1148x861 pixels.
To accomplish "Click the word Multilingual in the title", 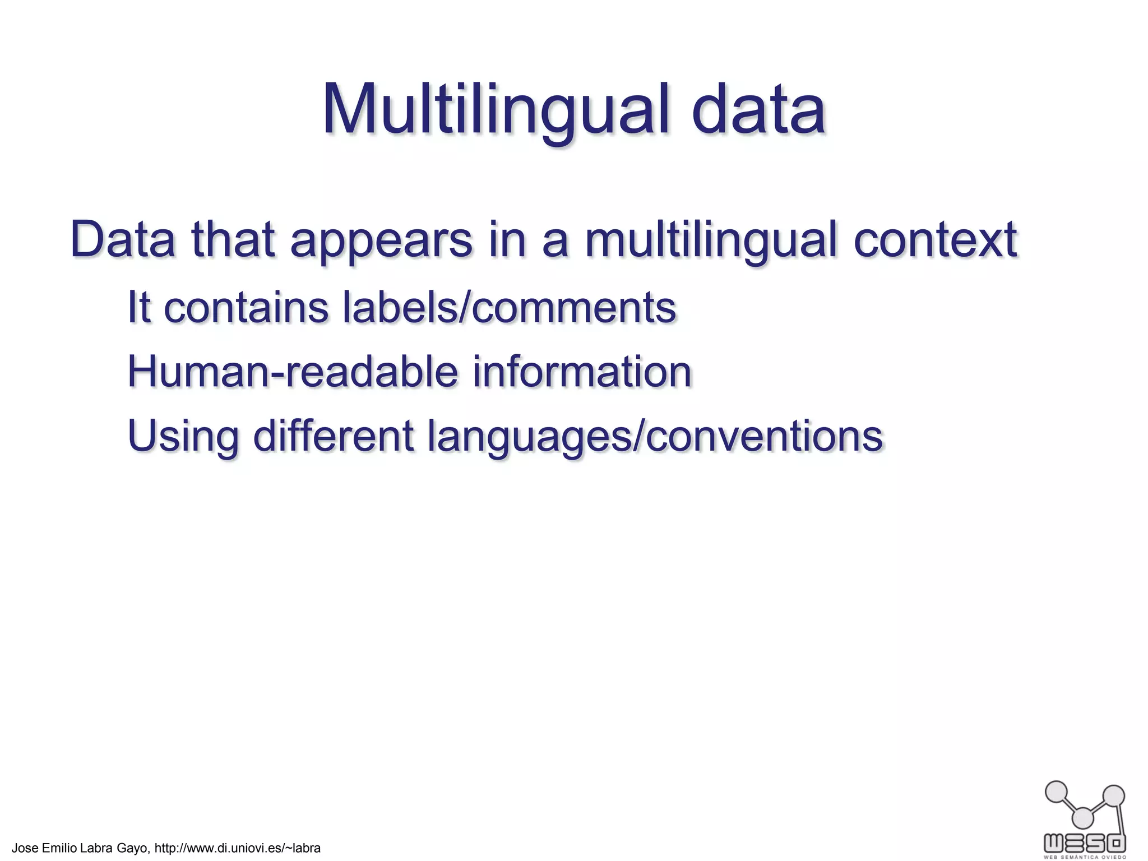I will click(x=496, y=110).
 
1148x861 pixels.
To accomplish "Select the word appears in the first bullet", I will click(x=381, y=241).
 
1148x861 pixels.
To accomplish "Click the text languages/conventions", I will click(x=655, y=437).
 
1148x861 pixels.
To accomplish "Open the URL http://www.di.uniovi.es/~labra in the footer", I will click(x=237, y=848).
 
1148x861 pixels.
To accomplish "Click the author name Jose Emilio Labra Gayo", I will click(x=80, y=848).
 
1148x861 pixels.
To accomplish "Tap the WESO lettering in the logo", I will click(x=1084, y=842).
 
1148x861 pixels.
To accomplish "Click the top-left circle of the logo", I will click(x=1057, y=792).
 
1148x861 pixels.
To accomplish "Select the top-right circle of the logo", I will click(x=1113, y=796).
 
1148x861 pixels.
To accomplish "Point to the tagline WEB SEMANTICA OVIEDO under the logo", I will click(x=1084, y=857).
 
